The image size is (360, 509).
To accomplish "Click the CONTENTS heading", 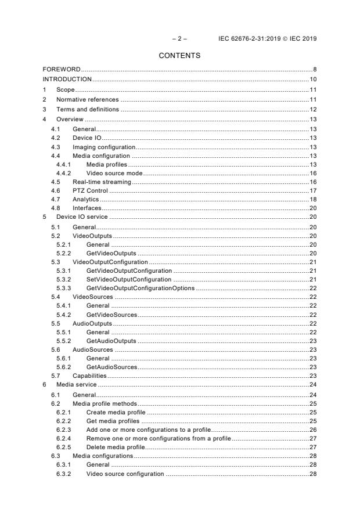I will [x=179, y=56].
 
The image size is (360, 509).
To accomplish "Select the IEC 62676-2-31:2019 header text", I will [x=268, y=39].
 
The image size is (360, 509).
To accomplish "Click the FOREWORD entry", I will [x=62, y=70].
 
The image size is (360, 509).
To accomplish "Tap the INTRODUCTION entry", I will [x=67, y=79].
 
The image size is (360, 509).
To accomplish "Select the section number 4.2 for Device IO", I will [x=55, y=138].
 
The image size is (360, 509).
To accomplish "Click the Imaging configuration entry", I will [x=103, y=147].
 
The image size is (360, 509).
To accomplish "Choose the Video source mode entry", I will [x=114, y=174].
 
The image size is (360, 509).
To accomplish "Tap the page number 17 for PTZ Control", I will [x=312, y=191].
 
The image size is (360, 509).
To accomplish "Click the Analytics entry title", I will [x=86, y=200].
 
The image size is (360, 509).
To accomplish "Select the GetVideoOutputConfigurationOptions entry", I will [x=140, y=288].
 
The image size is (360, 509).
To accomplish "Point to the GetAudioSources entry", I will [x=111, y=367].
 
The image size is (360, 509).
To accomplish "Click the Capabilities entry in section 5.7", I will [x=89, y=376].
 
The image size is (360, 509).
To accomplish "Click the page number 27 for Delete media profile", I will [x=312, y=448].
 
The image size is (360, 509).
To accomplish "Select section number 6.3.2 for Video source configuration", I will [x=64, y=475].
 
